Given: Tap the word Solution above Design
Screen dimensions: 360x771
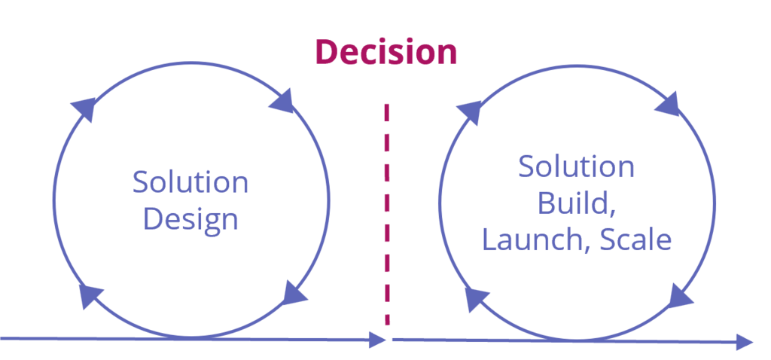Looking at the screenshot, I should click(190, 182).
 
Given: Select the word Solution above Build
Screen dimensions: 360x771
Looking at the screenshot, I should click(577, 166).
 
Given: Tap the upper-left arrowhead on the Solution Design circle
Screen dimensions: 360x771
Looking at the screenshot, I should click(84, 109).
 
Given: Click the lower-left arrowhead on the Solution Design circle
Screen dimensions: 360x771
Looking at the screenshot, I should click(90, 296).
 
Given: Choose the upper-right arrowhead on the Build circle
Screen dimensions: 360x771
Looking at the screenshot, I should click(669, 102).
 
